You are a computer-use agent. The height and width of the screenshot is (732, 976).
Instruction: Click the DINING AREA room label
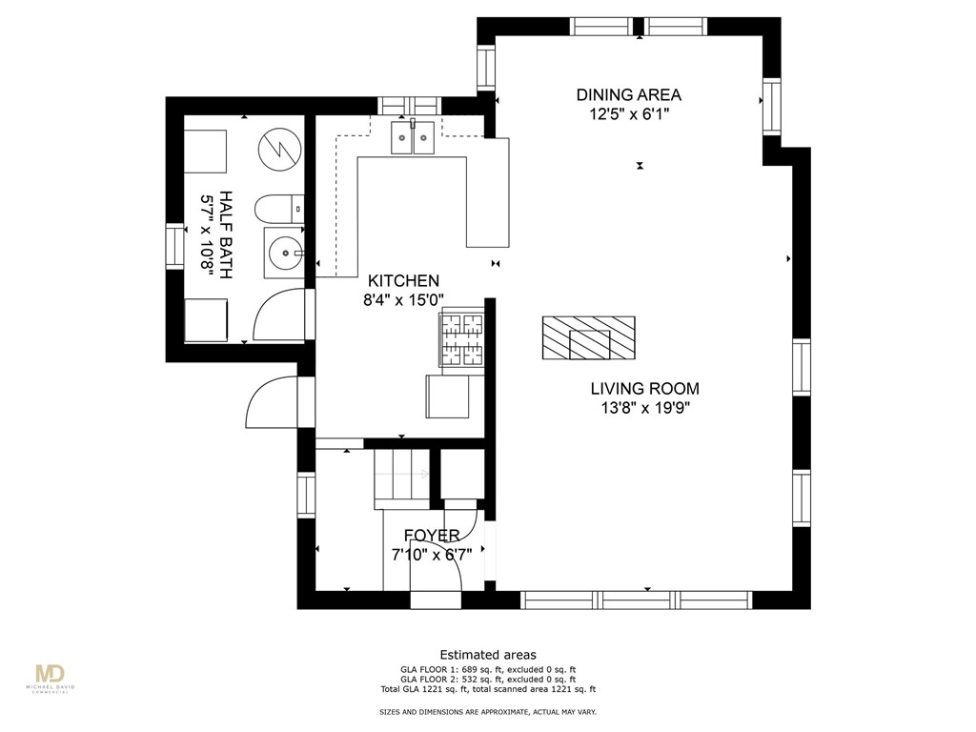[x=628, y=94]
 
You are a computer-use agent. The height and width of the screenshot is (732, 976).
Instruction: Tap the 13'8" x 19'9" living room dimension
[x=644, y=408]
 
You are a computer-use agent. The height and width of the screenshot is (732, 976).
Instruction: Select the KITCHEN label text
[x=404, y=280]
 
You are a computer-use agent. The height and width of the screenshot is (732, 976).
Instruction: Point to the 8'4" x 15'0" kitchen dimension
[x=404, y=299]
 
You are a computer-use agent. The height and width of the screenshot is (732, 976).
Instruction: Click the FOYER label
[x=431, y=536]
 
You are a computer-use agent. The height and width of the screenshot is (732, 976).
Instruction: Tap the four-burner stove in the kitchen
[x=460, y=340]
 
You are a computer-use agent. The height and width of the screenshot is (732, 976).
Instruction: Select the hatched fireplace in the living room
[x=588, y=338]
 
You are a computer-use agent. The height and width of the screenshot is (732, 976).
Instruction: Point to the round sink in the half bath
[x=284, y=253]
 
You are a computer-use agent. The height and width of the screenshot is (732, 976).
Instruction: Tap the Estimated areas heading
[x=488, y=655]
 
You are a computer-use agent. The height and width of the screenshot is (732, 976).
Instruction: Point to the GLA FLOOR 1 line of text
[x=488, y=669]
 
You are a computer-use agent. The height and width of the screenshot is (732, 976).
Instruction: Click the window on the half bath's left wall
[x=175, y=246]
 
